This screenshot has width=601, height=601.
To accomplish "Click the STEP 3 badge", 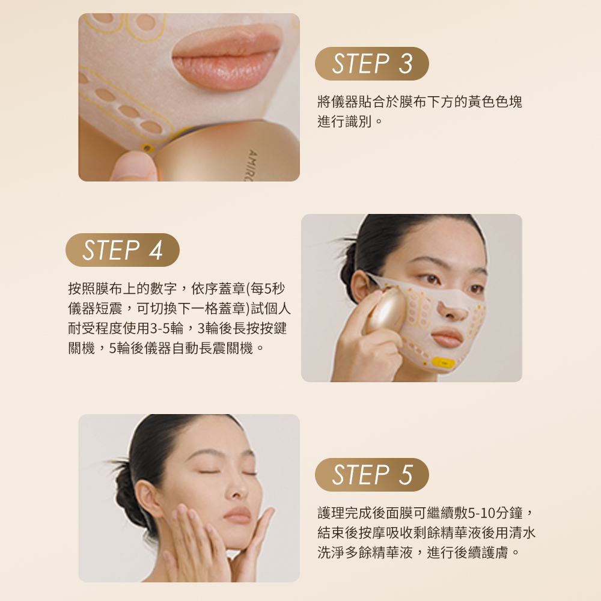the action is pos(371,64).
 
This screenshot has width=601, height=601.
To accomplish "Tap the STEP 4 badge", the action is pos(122,250).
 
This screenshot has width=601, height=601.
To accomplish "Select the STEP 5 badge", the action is pos(371,475).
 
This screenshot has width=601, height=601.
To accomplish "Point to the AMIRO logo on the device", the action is pos(252,165).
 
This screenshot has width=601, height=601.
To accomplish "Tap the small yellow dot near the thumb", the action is pos(147,148).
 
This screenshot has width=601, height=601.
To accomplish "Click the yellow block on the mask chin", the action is pos(443,362).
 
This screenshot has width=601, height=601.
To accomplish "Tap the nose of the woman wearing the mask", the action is pos(453,308).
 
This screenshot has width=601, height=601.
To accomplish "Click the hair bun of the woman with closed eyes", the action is pos(130,495).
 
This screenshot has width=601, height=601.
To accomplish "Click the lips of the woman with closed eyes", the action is pos(237,514).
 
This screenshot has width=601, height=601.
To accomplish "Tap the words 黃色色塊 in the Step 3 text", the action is pos(495,102).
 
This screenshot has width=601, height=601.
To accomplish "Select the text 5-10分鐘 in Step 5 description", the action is pos(496,513).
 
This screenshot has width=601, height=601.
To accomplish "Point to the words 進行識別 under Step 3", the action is pos(344,122).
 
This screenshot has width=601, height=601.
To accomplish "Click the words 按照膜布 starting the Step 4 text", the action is pos(96,288).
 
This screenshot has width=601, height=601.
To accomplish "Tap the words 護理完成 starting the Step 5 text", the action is pos(344,513).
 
